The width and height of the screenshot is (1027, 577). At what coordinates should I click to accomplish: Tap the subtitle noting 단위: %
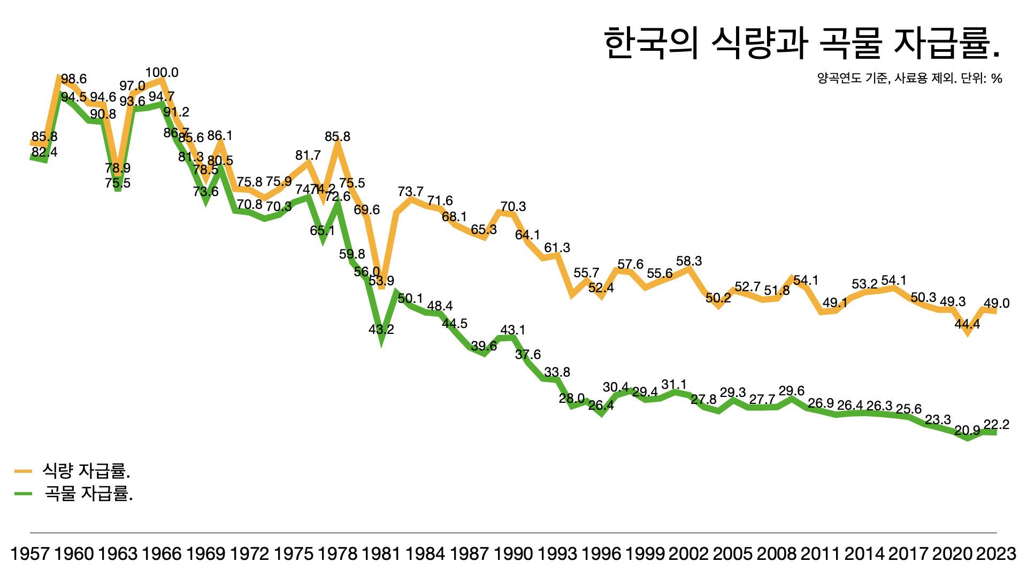909,79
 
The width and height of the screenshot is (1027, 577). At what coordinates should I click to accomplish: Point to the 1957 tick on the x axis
30,553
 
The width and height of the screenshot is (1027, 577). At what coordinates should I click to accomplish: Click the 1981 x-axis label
381,553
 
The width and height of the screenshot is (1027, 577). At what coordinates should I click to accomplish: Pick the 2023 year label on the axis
996,553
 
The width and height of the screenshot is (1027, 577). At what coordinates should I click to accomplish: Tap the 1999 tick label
645,553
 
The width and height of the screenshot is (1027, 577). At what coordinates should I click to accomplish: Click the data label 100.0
162,73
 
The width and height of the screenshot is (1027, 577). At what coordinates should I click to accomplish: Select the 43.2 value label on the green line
381,330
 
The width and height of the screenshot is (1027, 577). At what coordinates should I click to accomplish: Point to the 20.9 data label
967,431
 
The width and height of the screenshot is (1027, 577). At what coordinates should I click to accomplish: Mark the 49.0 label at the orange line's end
997,303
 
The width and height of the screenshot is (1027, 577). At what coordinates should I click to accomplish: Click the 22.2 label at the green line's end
997,425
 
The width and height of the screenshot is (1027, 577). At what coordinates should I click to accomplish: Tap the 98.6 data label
74,80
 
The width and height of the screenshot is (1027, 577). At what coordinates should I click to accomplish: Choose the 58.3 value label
689,261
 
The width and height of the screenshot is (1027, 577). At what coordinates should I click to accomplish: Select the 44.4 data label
967,324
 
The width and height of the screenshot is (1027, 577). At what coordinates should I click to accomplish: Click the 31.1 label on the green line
674,385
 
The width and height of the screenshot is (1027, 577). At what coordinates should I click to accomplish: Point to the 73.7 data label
411,192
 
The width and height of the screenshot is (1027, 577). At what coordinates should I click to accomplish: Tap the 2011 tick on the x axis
821,553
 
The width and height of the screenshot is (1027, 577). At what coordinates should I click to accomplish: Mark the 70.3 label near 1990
513,207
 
